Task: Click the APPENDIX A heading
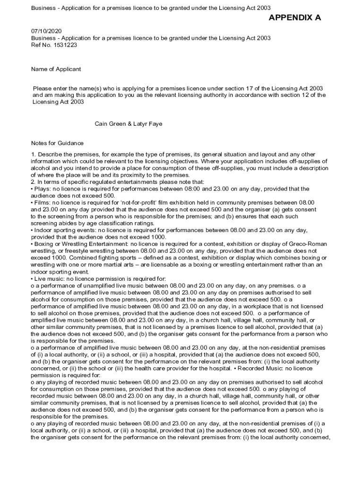(295, 18)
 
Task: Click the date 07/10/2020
(46, 31)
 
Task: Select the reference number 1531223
(66, 45)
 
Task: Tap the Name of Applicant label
(56, 69)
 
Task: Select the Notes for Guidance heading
(57, 143)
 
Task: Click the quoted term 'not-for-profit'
(136, 202)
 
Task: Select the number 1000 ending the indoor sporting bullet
(157, 237)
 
